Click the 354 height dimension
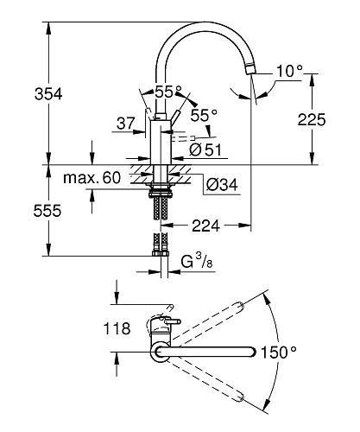click(48, 94)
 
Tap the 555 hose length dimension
click(47, 211)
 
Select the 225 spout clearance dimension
click(312, 119)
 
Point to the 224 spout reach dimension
click(205, 226)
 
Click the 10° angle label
click(289, 71)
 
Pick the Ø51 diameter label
click(205, 149)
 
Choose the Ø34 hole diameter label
click(222, 185)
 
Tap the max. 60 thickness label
click(92, 178)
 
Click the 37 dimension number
click(126, 124)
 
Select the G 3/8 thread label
click(197, 261)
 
